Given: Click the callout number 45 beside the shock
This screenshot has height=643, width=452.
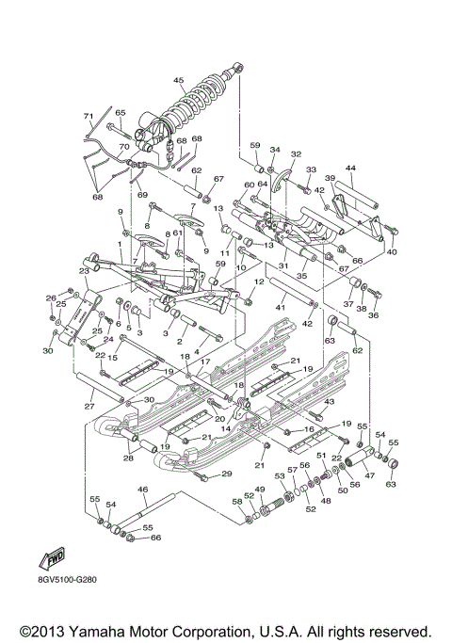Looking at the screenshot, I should [178, 80].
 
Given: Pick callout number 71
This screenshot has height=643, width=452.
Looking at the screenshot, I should [89, 117].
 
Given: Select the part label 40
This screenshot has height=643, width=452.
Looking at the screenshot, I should [392, 251].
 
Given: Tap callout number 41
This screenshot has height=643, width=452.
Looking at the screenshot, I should [280, 308].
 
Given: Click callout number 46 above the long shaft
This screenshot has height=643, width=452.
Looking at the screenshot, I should [143, 490].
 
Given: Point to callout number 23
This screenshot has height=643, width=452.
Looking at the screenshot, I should [83, 271].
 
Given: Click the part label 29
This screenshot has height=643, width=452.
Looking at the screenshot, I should [226, 473].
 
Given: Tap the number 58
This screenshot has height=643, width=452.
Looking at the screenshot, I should [236, 503].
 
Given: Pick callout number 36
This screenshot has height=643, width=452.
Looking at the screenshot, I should [372, 315].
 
